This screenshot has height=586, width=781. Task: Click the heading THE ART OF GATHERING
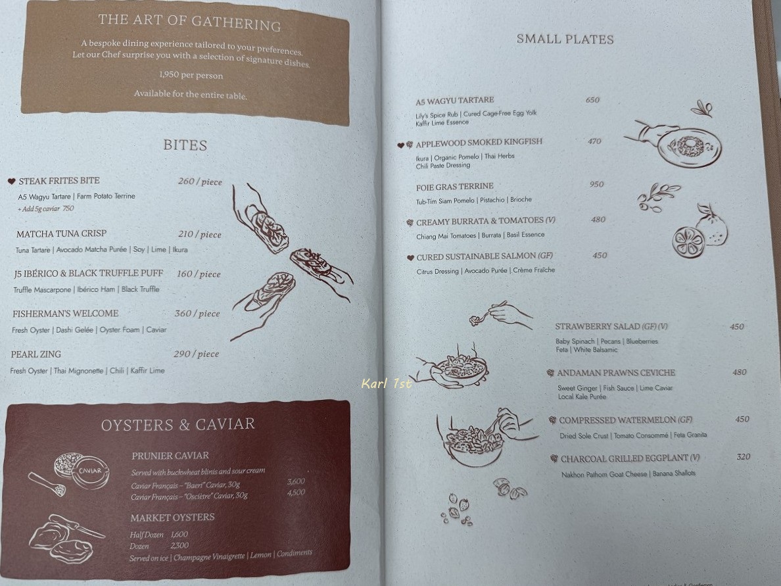tap(189, 22)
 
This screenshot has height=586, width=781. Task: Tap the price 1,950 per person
tap(191, 75)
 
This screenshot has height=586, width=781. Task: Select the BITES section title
tap(185, 145)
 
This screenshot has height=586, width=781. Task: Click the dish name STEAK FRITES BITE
tap(59, 180)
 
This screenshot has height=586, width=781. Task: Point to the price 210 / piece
tap(200, 234)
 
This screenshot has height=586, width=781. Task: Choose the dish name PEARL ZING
tap(36, 354)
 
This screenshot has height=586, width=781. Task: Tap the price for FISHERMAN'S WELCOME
tap(197, 314)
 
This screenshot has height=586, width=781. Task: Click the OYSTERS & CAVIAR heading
tap(177, 425)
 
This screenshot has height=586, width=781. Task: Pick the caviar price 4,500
tap(296, 493)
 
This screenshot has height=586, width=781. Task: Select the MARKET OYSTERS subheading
tap(172, 518)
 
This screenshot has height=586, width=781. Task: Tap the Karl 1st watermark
tap(387, 383)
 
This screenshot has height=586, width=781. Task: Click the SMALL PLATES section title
tap(565, 39)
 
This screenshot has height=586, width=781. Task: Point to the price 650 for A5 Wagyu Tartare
tap(593, 100)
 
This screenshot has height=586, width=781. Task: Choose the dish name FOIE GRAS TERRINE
tap(455, 187)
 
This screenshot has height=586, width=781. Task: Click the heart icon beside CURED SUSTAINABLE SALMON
tap(410, 258)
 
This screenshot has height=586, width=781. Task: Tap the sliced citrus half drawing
tap(688, 242)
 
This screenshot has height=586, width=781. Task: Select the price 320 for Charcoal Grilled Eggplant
tap(743, 456)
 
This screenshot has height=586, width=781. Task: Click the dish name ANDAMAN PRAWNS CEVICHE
tap(616, 373)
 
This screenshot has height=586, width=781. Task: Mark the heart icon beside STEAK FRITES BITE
tap(11, 182)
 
